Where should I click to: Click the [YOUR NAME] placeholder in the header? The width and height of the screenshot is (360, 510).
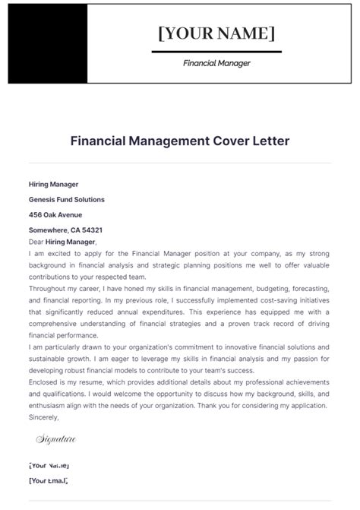216,33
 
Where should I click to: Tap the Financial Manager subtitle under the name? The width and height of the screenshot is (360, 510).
216,64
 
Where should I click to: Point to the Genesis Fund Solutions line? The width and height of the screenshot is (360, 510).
67,199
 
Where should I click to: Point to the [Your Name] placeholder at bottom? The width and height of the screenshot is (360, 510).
49,464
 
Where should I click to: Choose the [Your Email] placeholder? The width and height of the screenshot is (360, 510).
48,480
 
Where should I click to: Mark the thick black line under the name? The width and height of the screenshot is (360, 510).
216,52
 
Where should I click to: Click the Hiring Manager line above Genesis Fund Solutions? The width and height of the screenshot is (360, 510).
53,184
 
